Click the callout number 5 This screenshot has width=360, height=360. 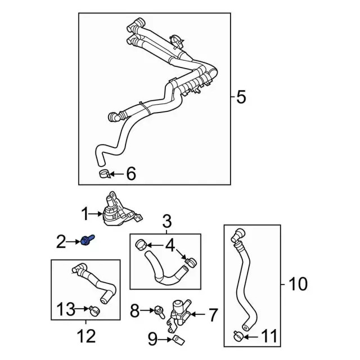click(241, 98)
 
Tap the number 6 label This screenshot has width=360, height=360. click(130, 174)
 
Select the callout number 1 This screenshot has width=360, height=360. click(85, 214)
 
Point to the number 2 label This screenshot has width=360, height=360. click(61, 242)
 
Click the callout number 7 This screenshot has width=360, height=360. click(212, 315)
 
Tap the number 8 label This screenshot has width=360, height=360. click(134, 309)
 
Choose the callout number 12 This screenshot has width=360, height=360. click(86, 337)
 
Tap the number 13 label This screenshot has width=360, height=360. click(65, 308)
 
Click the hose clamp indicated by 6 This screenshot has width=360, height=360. click(103, 173)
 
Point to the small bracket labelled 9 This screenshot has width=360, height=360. click(177, 339)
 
